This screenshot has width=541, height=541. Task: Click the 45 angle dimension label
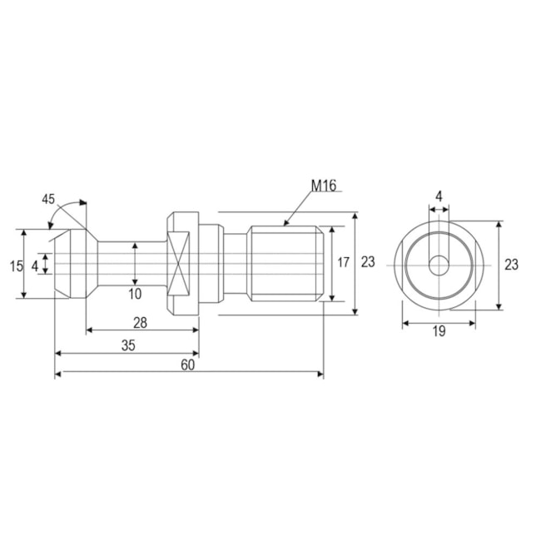(x=49, y=199)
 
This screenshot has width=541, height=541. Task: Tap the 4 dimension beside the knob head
(x=34, y=266)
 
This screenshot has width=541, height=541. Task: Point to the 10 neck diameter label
(x=135, y=293)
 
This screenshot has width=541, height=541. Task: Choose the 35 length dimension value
(x=127, y=345)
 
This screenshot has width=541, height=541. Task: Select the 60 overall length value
(x=189, y=366)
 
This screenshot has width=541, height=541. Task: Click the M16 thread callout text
(x=323, y=186)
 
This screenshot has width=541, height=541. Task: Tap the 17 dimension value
(x=343, y=262)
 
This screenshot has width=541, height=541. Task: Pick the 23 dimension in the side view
(x=368, y=262)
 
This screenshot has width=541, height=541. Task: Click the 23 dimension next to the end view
(x=511, y=265)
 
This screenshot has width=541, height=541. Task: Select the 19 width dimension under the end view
(x=439, y=331)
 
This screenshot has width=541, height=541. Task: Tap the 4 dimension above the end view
(x=439, y=196)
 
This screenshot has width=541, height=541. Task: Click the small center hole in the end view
(x=439, y=265)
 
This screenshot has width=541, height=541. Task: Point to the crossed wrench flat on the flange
(x=181, y=264)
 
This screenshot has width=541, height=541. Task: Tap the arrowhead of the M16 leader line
(x=286, y=222)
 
